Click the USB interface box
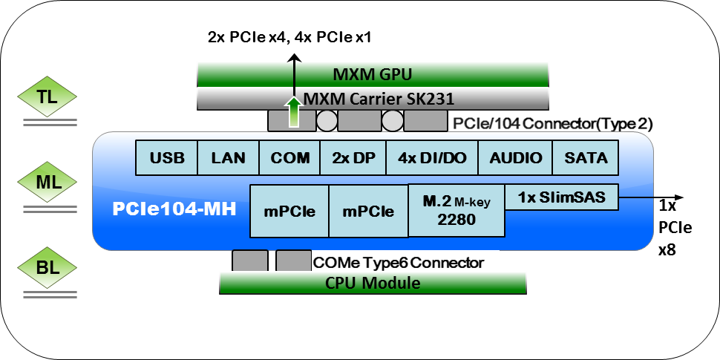(166, 157)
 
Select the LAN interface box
(228, 157)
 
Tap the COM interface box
(289, 157)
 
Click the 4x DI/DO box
(417, 157)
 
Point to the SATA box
(586, 157)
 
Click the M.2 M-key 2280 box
(456, 210)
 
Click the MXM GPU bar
(373, 74)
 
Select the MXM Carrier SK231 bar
(373, 99)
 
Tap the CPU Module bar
(373, 283)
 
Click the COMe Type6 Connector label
(399, 262)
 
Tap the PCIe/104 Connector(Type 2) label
(553, 123)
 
